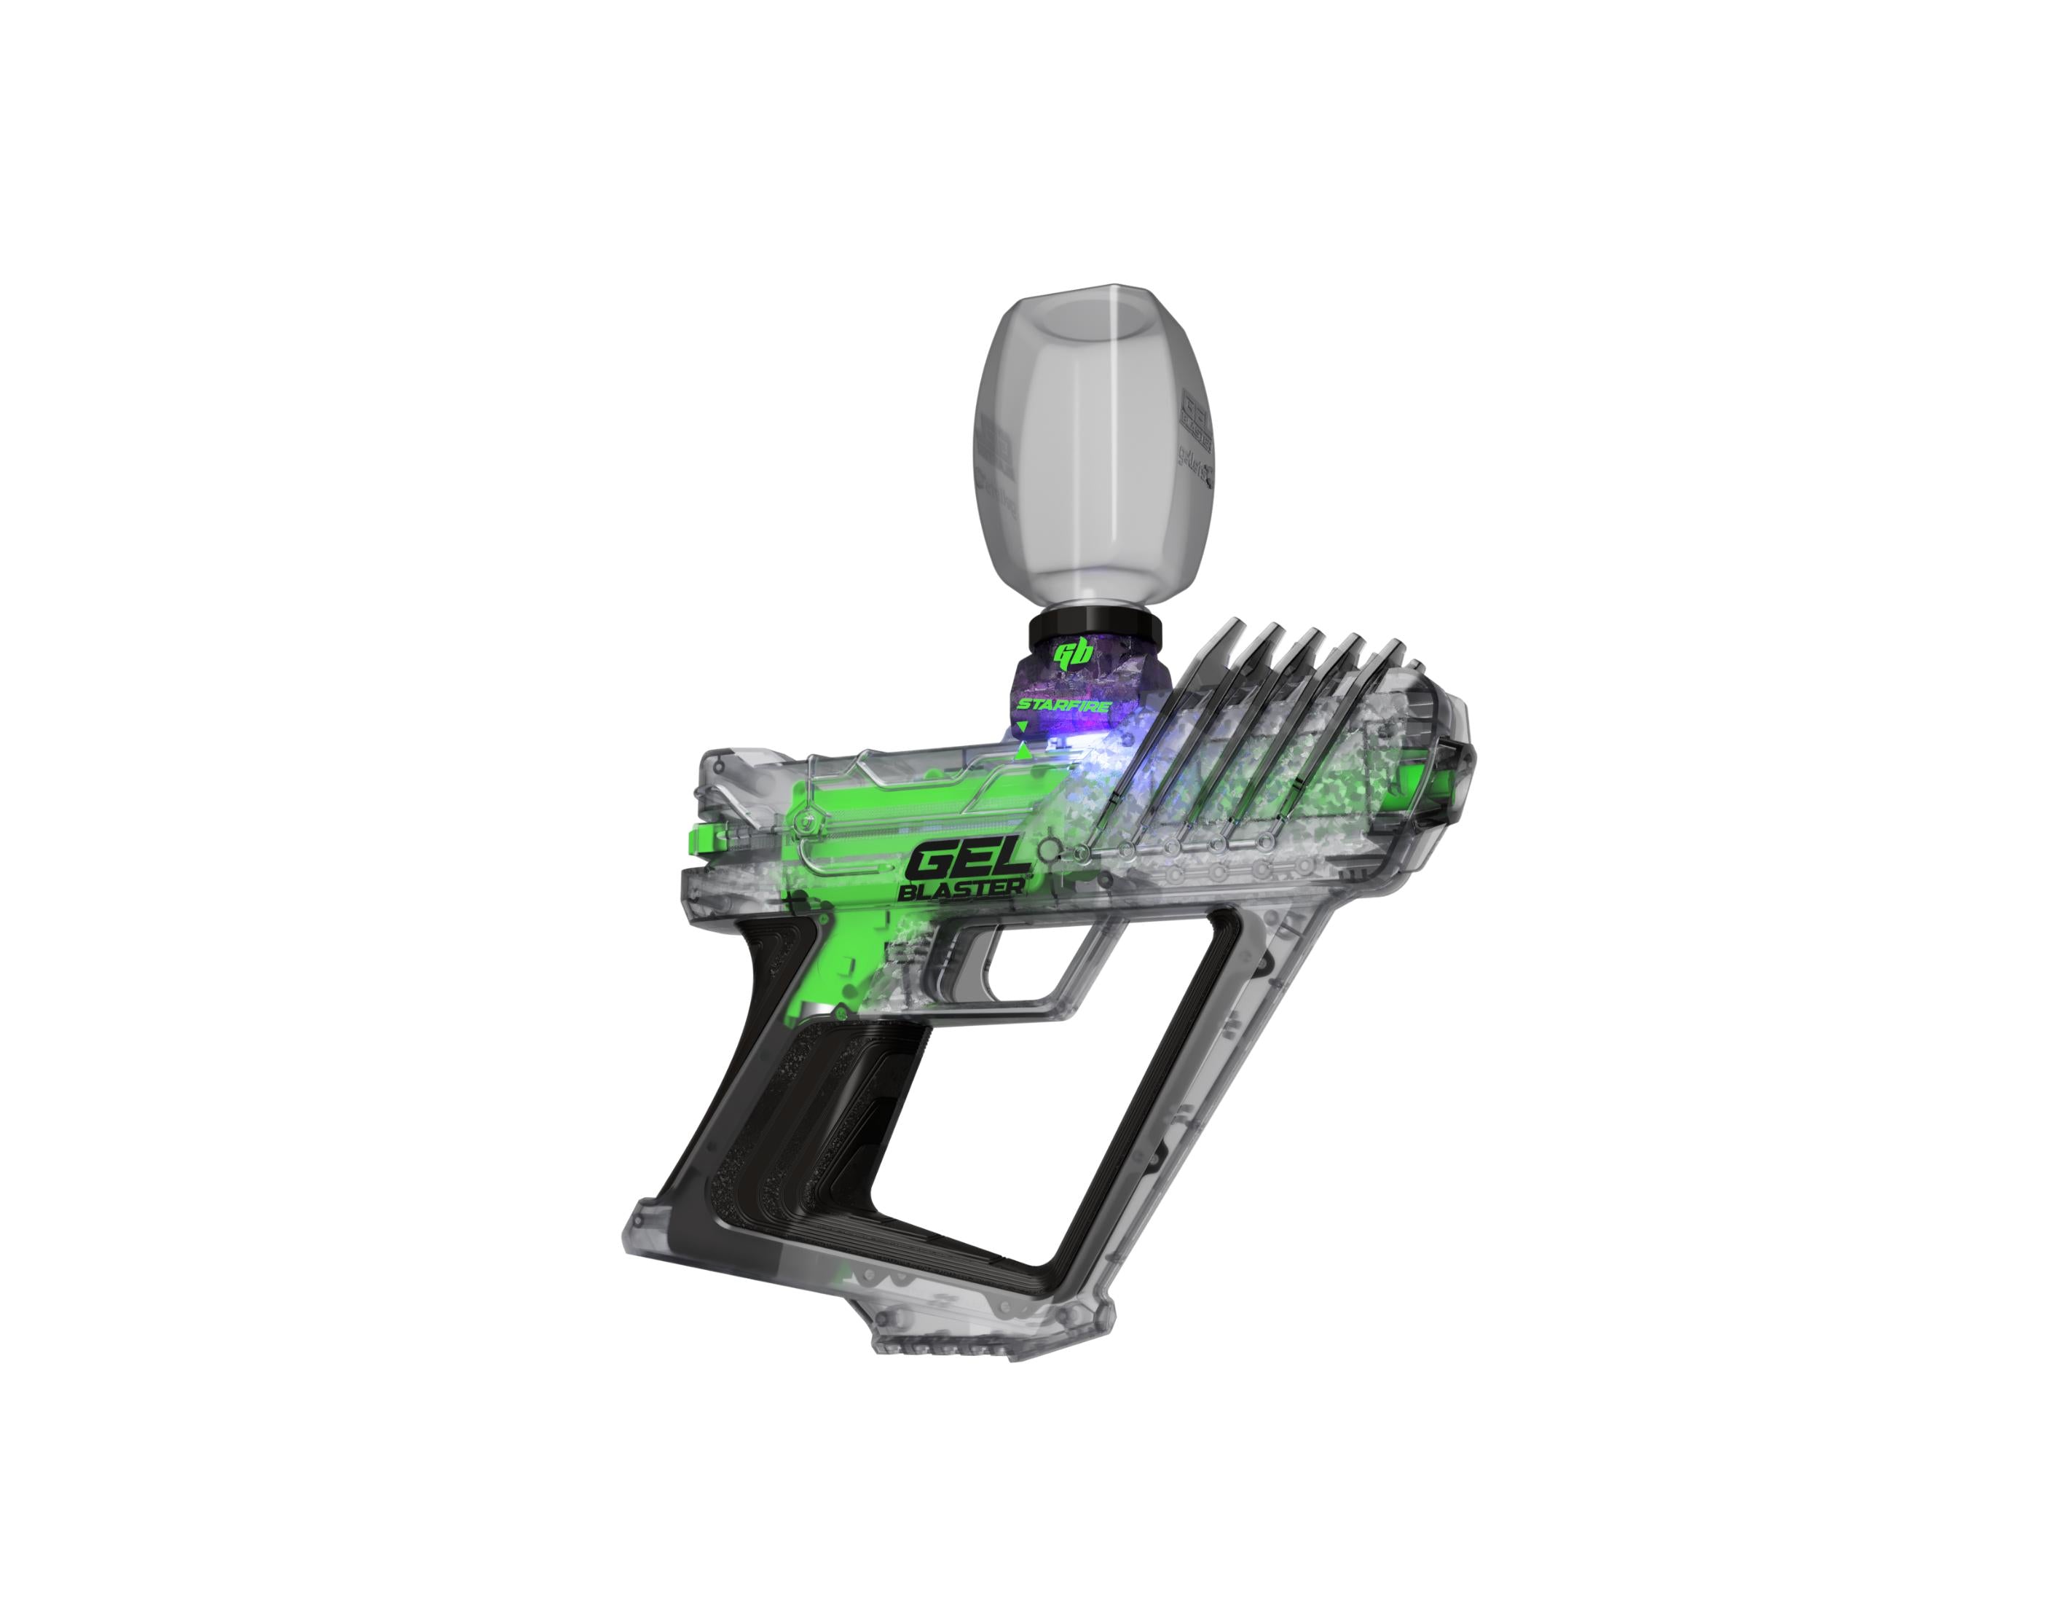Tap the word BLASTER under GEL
tap(961, 889)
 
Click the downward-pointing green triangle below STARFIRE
tap(1022, 727)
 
